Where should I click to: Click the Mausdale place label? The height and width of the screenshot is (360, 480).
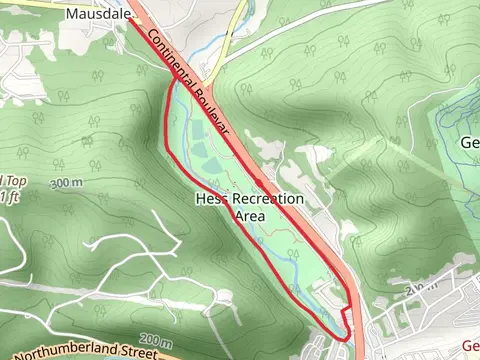click(98, 14)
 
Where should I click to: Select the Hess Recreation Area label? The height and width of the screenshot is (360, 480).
click(249, 206)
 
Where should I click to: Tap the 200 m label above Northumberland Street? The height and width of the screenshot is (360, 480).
click(158, 337)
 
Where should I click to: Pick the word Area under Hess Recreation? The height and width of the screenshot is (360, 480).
click(249, 214)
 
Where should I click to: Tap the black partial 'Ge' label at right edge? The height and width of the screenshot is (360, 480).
click(470, 142)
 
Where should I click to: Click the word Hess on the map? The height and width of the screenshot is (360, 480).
click(210, 199)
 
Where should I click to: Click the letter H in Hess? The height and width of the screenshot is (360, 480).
click(200, 199)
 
